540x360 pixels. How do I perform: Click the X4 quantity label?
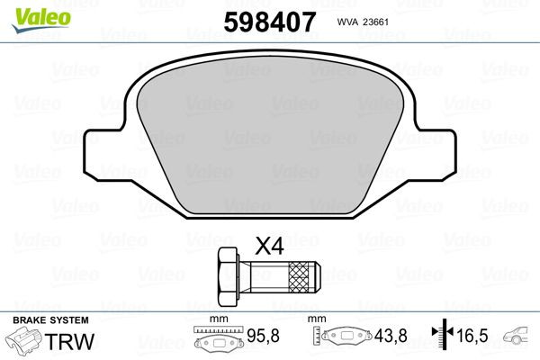269,245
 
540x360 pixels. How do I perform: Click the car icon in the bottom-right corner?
521,337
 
